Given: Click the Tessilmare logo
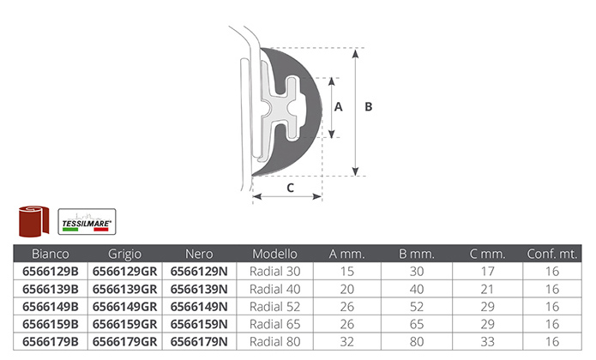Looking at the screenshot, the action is click(87, 222).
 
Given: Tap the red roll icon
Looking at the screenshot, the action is click(33, 221).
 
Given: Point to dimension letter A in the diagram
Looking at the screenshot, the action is click(338, 107).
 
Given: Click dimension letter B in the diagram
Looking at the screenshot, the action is click(368, 107).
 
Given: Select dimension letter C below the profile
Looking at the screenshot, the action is click(290, 188).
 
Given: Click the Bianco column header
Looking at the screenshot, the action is click(51, 254).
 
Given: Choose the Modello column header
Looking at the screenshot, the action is click(274, 254).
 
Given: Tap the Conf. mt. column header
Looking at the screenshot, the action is click(552, 254).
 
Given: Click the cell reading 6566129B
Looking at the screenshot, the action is click(51, 271).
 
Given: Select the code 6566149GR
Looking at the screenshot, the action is click(124, 307).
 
